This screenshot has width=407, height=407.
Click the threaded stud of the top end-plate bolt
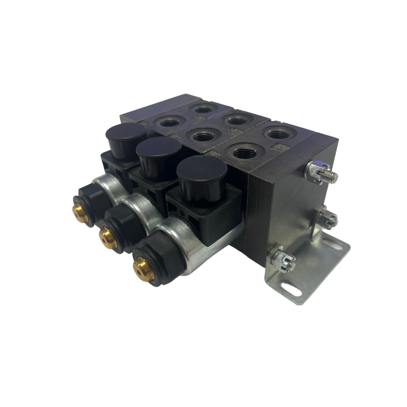pyautogui.click(x=330, y=175)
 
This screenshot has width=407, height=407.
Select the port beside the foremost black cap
pyautogui.click(x=243, y=152)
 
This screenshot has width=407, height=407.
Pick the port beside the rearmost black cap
pyautogui.click(x=170, y=123)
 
